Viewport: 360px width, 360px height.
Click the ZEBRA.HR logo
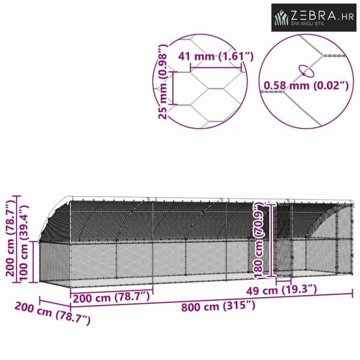tap(314, 17)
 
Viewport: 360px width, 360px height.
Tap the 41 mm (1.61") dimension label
tap(216, 56)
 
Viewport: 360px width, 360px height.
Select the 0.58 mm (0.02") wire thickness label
tap(306, 86)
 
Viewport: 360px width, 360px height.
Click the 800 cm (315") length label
tap(218, 306)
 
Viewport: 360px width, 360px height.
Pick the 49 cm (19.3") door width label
tap(282, 291)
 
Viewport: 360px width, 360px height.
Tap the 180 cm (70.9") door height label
tap(259, 241)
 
